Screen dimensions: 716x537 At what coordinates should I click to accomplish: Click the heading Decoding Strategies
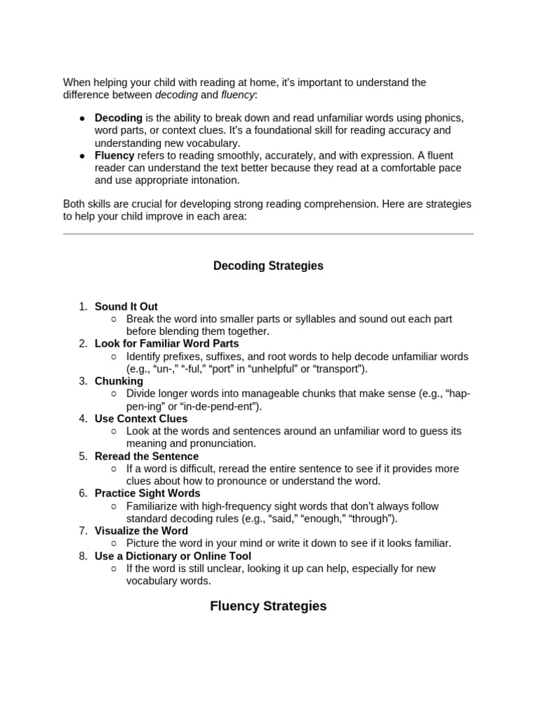(268, 266)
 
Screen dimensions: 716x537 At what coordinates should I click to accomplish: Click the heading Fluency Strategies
(268, 606)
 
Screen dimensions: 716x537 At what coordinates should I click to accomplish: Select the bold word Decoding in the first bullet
(118, 118)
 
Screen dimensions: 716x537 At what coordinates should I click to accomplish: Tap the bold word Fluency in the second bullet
(115, 156)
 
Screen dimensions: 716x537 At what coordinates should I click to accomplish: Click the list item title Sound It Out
(126, 306)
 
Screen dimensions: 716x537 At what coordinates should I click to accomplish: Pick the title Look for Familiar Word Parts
(166, 343)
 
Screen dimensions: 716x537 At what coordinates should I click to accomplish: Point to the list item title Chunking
(119, 381)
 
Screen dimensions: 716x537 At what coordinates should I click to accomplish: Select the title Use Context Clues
(141, 419)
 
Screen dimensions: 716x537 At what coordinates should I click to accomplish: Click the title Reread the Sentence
(147, 456)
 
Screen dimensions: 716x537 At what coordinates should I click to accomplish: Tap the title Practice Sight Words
(147, 494)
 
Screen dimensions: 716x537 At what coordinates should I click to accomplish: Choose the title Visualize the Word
(141, 531)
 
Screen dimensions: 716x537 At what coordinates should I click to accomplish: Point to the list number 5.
(83, 456)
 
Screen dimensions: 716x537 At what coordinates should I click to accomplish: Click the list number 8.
(83, 556)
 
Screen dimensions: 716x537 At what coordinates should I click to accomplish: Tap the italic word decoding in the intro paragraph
(176, 94)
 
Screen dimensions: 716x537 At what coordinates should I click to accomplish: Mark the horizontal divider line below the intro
(268, 234)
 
